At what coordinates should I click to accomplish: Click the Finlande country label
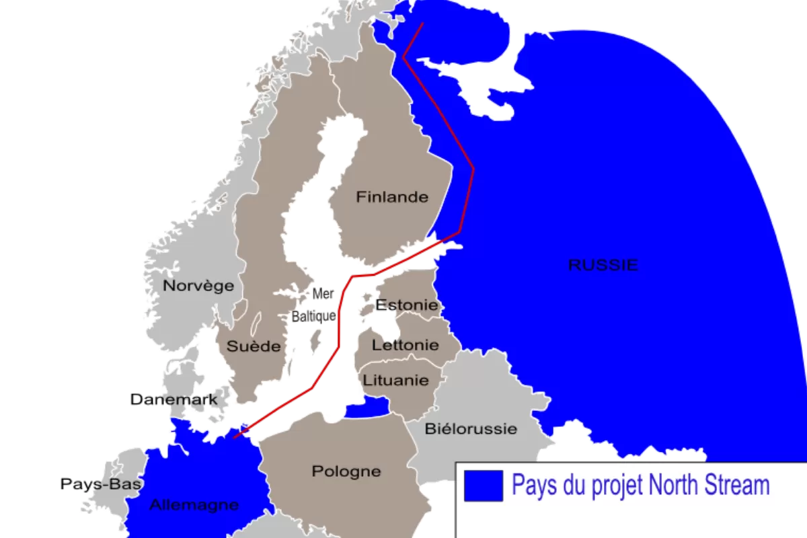(x=392, y=197)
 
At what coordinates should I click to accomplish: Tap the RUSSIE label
(x=603, y=265)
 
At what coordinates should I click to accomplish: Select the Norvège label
(x=198, y=285)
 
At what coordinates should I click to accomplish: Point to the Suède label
(x=253, y=346)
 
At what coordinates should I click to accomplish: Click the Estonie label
(x=407, y=305)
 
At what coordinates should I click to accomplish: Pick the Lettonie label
(x=405, y=345)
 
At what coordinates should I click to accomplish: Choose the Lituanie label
(x=395, y=380)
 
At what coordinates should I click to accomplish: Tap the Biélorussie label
(x=471, y=428)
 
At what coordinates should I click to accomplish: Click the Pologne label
(x=346, y=471)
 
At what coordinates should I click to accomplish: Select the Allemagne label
(x=194, y=504)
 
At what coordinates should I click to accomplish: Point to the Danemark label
(x=174, y=400)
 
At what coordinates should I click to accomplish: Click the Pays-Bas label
(x=102, y=484)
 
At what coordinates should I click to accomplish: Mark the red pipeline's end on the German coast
(x=234, y=437)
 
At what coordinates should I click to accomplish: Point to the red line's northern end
(x=422, y=24)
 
